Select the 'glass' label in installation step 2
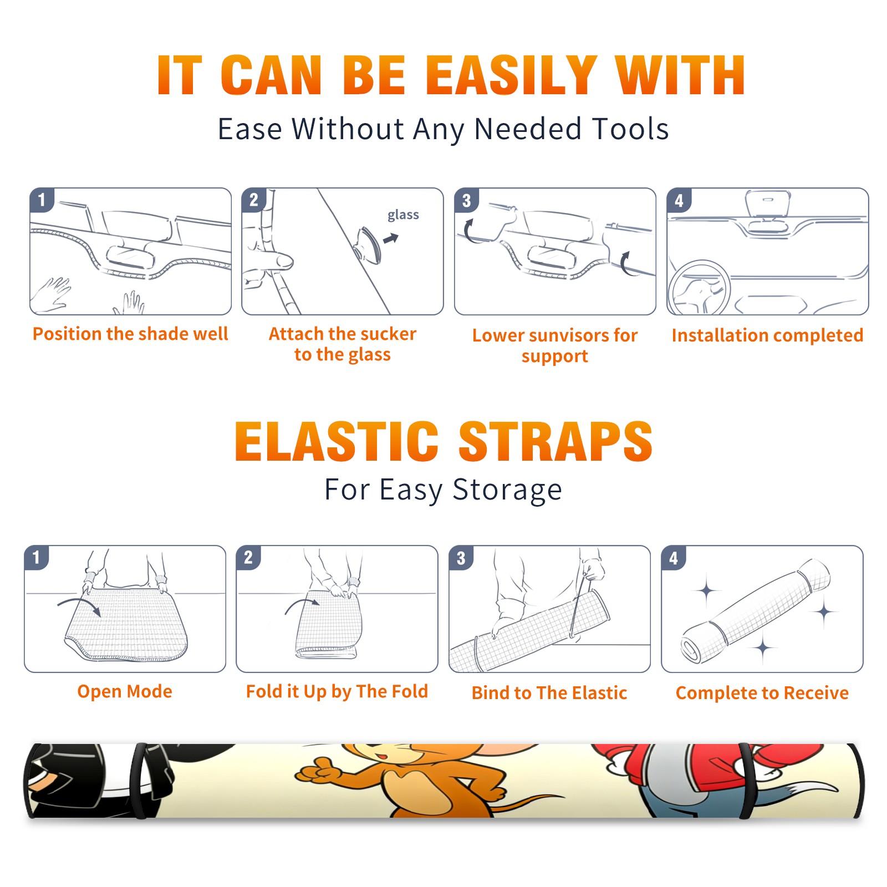pyautogui.click(x=403, y=215)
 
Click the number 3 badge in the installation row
pyautogui.click(x=466, y=200)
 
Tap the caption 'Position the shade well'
pyautogui.click(x=130, y=334)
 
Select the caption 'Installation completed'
pyautogui.click(x=767, y=335)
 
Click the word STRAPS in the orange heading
pyautogui.click(x=555, y=441)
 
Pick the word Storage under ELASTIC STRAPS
pyautogui.click(x=507, y=490)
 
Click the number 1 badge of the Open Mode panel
pyautogui.click(x=37, y=558)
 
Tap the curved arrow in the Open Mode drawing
pyautogui.click(x=79, y=605)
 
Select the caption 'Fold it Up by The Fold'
pyautogui.click(x=337, y=692)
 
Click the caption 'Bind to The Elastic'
pyautogui.click(x=549, y=693)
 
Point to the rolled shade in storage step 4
pyautogui.click(x=756, y=610)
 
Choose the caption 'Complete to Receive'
pyautogui.click(x=762, y=693)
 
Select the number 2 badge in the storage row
pyautogui.click(x=248, y=558)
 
